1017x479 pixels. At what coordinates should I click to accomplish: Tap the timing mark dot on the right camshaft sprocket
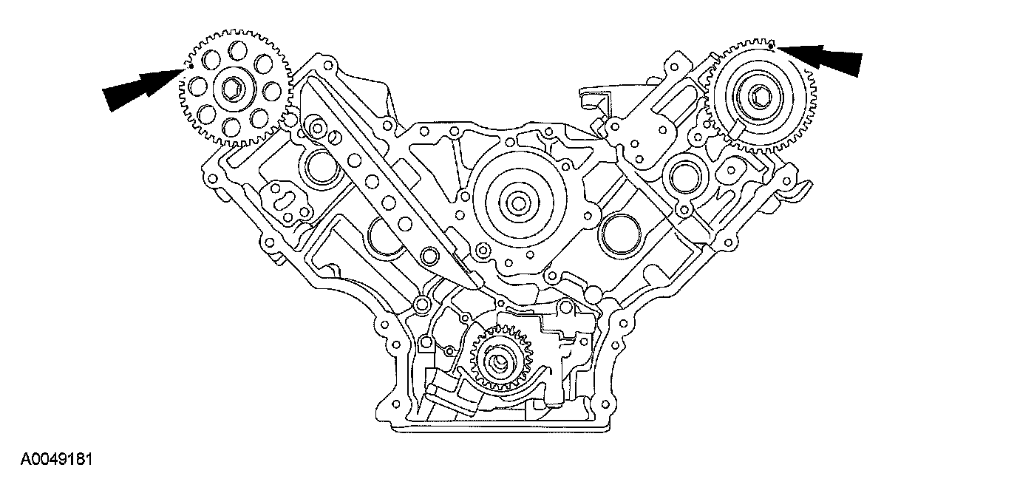pyautogui.click(x=771, y=47)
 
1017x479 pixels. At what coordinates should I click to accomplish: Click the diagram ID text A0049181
pyautogui.click(x=55, y=460)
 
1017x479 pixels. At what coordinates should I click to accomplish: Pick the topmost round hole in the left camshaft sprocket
pyautogui.click(x=238, y=51)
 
